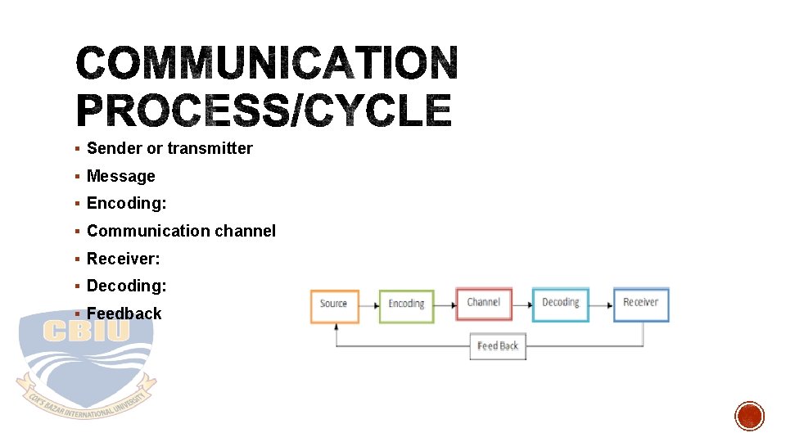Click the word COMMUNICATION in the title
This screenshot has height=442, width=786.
(266, 64)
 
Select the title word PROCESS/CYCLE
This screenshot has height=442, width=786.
(264, 110)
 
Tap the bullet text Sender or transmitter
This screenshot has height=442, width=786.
(169, 148)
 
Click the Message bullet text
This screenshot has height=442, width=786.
(120, 176)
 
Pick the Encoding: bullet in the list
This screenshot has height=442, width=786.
(126, 203)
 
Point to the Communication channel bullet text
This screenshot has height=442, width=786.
(181, 231)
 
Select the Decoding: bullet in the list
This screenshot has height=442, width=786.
(126, 286)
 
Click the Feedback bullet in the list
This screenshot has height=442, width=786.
(124, 313)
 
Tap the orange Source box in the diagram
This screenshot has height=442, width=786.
(334, 304)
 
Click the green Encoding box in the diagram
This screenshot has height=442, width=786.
(406, 304)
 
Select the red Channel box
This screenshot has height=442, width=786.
(483, 304)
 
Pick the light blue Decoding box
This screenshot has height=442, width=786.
(560, 304)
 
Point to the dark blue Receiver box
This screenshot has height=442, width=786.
(640, 304)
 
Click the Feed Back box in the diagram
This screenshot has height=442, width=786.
(497, 346)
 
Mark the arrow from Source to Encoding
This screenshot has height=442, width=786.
(368, 305)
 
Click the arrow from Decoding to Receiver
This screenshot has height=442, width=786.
(601, 305)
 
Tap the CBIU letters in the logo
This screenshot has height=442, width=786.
(86, 331)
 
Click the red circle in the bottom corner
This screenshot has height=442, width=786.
(749, 416)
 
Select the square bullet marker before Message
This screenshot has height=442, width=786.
(75, 176)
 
